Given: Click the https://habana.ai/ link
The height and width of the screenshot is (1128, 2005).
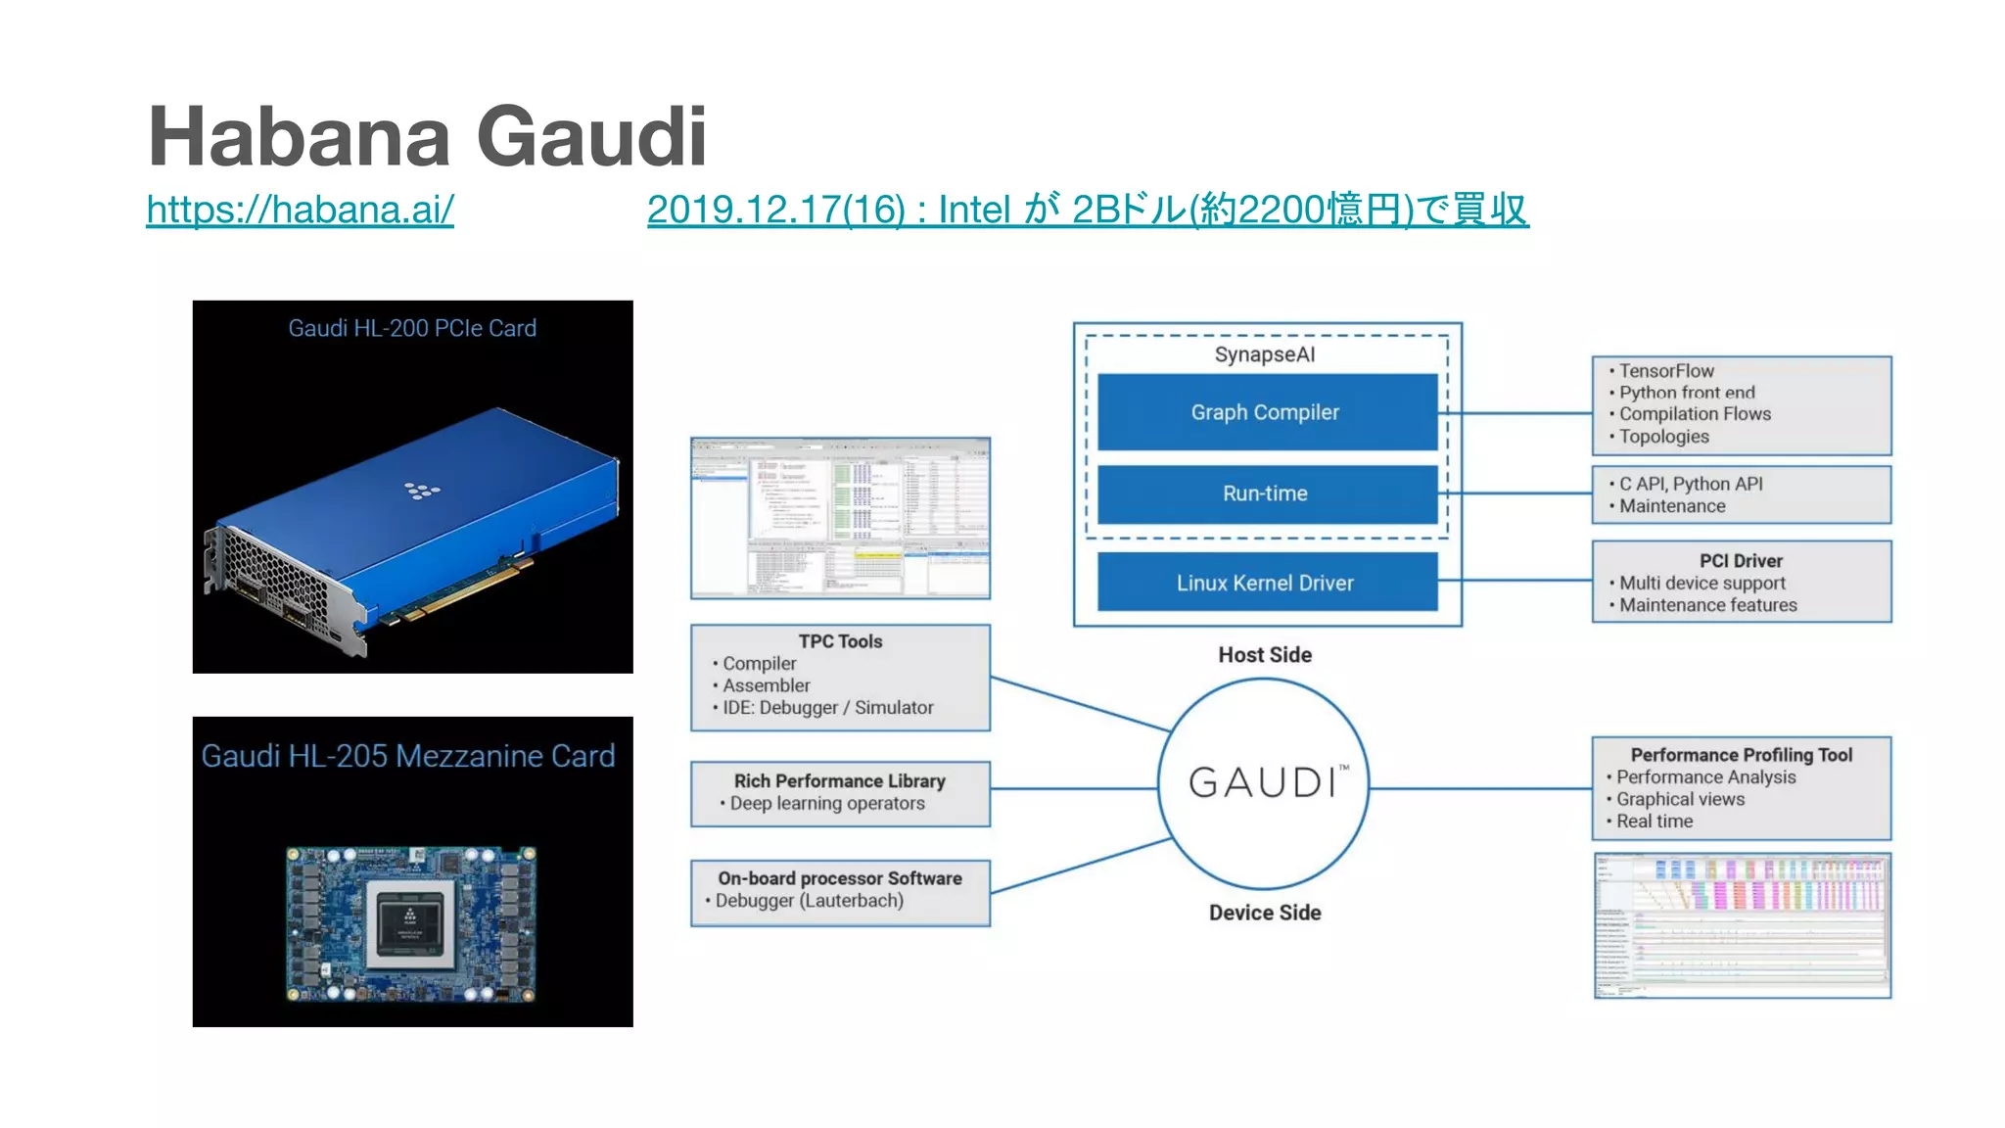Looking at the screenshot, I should pos(300,210).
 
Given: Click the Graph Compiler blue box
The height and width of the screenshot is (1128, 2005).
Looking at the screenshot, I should pos(1266,412).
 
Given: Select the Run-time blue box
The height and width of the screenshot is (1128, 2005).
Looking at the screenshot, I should pos(1266,493).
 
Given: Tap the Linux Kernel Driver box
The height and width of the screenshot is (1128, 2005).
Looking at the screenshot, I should pos(1266,583).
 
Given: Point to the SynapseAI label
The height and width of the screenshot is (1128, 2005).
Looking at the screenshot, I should pos(1265,354).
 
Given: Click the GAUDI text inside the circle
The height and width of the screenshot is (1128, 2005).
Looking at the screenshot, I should pos(1263,782).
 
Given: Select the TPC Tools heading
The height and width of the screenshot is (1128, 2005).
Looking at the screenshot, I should pos(840,641).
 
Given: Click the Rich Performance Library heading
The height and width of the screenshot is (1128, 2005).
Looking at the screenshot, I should pos(840,780).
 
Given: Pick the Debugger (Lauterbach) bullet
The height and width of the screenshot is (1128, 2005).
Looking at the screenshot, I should pos(809,901).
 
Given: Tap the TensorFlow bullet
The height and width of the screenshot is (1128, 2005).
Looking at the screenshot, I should pos(1666,371).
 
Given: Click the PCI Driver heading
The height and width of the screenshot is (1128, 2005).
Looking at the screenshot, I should pos(1741,561).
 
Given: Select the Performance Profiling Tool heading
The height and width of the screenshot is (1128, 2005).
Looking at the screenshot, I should pos(1741,755).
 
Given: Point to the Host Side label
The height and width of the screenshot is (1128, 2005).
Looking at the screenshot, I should pos(1265,655).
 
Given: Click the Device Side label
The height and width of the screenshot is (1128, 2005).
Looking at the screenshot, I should pos(1265,913).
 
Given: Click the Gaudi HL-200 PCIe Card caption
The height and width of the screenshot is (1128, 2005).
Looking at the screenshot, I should pos(412,328).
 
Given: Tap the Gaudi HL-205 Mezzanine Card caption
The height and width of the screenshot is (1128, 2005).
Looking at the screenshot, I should pos(408,756).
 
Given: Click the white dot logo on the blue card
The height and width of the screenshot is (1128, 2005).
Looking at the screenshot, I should pos(422,490).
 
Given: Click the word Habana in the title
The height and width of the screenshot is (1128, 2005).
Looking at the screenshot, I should pos(299,137).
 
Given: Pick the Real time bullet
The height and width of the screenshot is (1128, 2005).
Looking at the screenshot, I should pos(1655,822).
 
